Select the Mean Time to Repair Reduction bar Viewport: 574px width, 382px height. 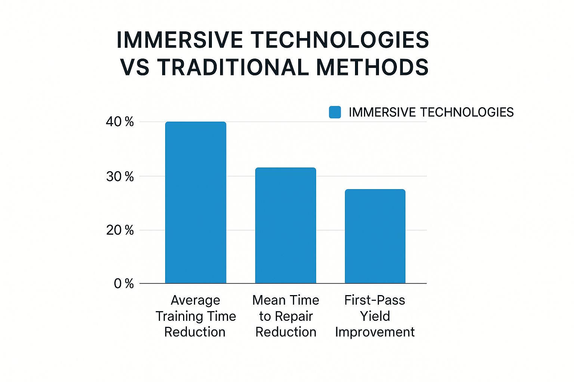point(286,225)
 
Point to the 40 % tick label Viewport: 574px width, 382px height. point(120,122)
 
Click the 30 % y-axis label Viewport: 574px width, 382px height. point(120,176)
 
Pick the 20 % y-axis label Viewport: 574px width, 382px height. point(120,230)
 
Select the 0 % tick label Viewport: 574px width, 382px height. point(124,284)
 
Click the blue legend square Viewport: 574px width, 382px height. point(335,112)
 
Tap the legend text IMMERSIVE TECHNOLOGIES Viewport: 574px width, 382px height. point(431,112)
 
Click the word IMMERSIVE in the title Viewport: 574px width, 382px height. point(179,40)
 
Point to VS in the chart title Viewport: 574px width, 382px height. point(135,68)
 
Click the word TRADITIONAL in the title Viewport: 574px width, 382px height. point(232,68)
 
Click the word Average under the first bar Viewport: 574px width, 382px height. point(195,300)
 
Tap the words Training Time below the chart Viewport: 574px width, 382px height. point(195,316)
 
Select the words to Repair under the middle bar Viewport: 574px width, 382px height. point(286,316)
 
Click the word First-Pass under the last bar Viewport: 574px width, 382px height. point(375,300)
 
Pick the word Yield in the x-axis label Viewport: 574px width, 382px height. point(375,316)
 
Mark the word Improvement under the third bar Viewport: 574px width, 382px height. point(375,332)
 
